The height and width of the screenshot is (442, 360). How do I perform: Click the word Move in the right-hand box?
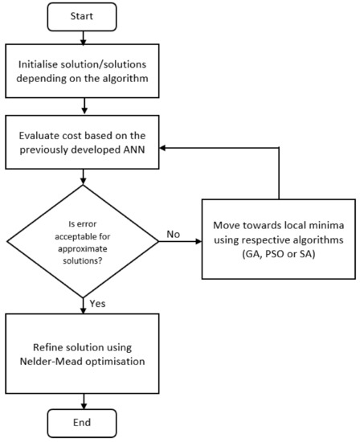coord(224,221)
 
